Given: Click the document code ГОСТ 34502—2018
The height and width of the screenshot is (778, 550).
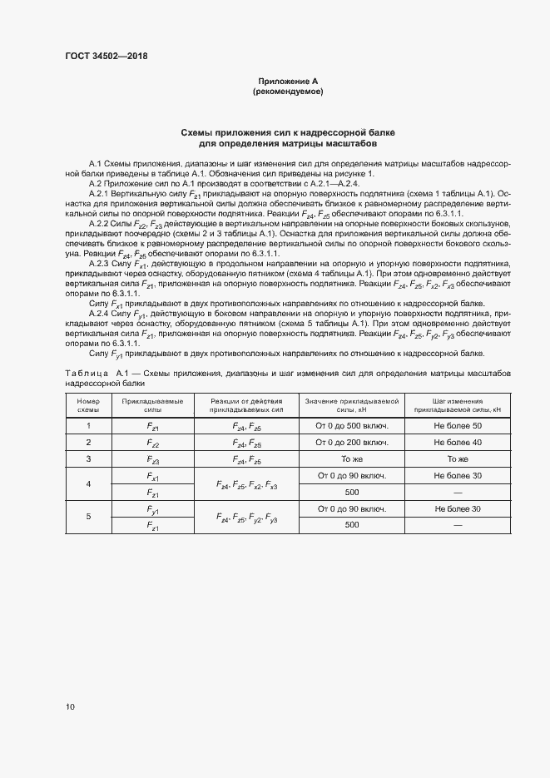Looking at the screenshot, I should [106, 57].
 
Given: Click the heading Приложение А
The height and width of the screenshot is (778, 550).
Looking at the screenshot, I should [288, 81].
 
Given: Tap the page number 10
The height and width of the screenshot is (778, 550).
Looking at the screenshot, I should [69, 707].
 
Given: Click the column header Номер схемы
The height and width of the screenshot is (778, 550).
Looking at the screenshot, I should [88, 406].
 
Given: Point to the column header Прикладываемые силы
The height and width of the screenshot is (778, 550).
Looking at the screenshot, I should [153, 406].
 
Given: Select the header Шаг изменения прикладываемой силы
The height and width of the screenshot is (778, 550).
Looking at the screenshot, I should [457, 406].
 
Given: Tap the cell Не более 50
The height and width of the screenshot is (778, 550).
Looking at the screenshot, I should [457, 426].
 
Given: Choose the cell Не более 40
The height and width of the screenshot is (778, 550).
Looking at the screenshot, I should [457, 443].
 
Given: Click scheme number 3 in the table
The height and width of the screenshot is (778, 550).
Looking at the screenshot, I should [88, 459].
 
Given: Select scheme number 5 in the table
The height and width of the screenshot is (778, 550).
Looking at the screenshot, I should [88, 517].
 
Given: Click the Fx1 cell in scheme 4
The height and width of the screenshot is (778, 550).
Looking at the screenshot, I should [153, 476].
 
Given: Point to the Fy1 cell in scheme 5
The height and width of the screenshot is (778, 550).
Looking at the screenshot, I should [153, 509].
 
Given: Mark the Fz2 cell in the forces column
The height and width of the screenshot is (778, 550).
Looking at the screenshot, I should [153, 444].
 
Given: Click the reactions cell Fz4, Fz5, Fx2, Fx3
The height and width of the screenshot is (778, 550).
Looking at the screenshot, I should [247, 484].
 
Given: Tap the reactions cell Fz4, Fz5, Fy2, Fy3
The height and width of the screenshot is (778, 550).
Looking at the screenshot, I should [247, 518].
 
